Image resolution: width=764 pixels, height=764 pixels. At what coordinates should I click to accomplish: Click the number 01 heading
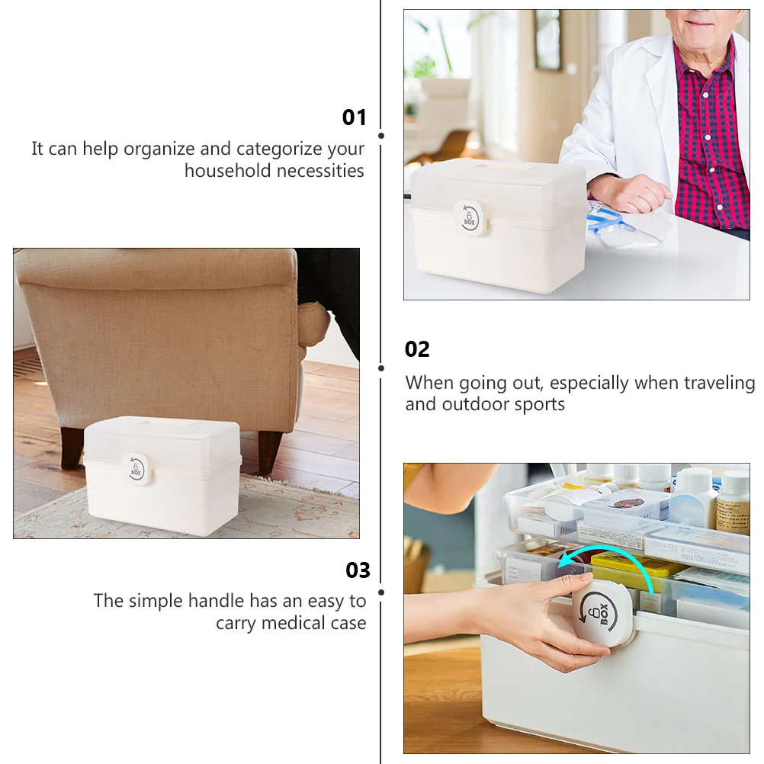click(x=355, y=117)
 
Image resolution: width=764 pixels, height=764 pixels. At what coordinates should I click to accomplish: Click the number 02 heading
click(x=417, y=349)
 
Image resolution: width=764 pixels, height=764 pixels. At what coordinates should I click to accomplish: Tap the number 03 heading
click(x=358, y=570)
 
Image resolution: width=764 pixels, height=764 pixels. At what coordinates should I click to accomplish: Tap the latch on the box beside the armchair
click(x=136, y=467)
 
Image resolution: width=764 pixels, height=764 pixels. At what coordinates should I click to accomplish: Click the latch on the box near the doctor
click(x=469, y=218)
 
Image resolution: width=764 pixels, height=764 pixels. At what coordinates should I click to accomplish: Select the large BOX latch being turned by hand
click(x=602, y=612)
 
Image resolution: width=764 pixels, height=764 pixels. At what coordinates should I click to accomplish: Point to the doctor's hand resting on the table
click(x=629, y=194)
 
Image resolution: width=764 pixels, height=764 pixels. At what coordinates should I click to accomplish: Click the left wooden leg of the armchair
click(x=72, y=447)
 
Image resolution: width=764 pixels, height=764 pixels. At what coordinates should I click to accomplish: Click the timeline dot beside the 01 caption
click(x=381, y=136)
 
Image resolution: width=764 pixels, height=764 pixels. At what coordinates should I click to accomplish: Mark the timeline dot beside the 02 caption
click(x=381, y=368)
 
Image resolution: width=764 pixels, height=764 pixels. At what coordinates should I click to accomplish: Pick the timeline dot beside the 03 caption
click(x=381, y=592)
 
